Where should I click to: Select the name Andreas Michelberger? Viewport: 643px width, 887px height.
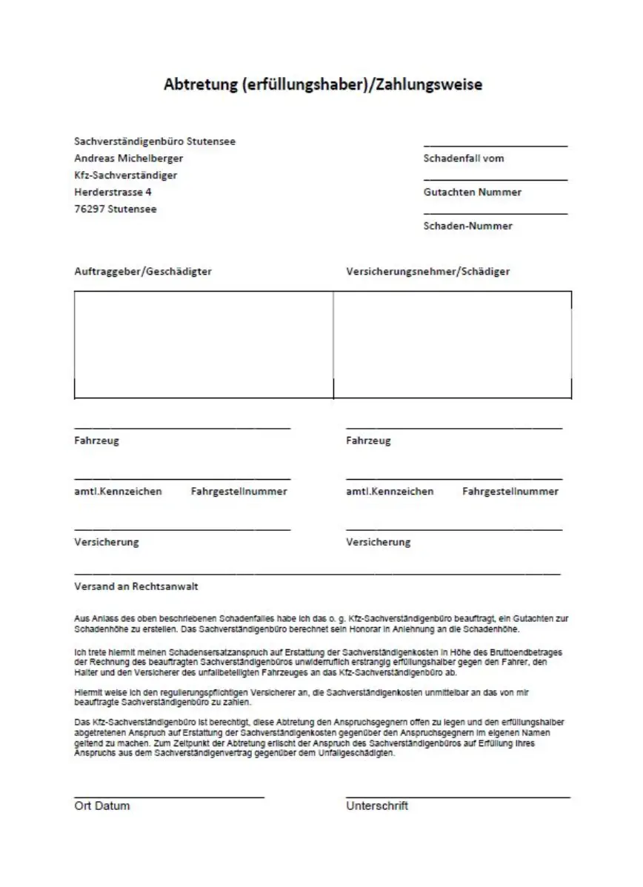[128, 158]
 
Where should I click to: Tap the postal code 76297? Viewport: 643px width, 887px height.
[89, 209]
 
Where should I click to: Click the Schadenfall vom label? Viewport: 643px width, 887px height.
[463, 158]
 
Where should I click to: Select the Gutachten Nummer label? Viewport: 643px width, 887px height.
[472, 192]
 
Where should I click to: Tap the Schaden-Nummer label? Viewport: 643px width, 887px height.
[467, 226]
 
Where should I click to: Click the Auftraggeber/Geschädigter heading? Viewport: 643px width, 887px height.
[143, 271]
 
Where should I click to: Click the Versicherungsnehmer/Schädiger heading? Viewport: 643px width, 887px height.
[427, 271]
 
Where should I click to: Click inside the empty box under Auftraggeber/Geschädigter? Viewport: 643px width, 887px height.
[204, 344]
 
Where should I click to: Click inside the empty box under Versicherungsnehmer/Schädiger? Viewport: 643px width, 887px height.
[452, 344]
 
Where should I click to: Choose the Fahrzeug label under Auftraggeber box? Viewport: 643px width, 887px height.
[96, 441]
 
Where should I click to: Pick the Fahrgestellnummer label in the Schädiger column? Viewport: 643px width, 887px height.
[510, 491]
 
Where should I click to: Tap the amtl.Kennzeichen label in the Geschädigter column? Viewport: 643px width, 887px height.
[118, 491]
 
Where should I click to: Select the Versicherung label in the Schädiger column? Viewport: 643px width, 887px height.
[378, 542]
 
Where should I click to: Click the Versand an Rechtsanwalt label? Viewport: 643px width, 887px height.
[136, 586]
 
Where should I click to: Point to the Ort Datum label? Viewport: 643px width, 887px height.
[102, 806]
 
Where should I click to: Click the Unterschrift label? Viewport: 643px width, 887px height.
[376, 806]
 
